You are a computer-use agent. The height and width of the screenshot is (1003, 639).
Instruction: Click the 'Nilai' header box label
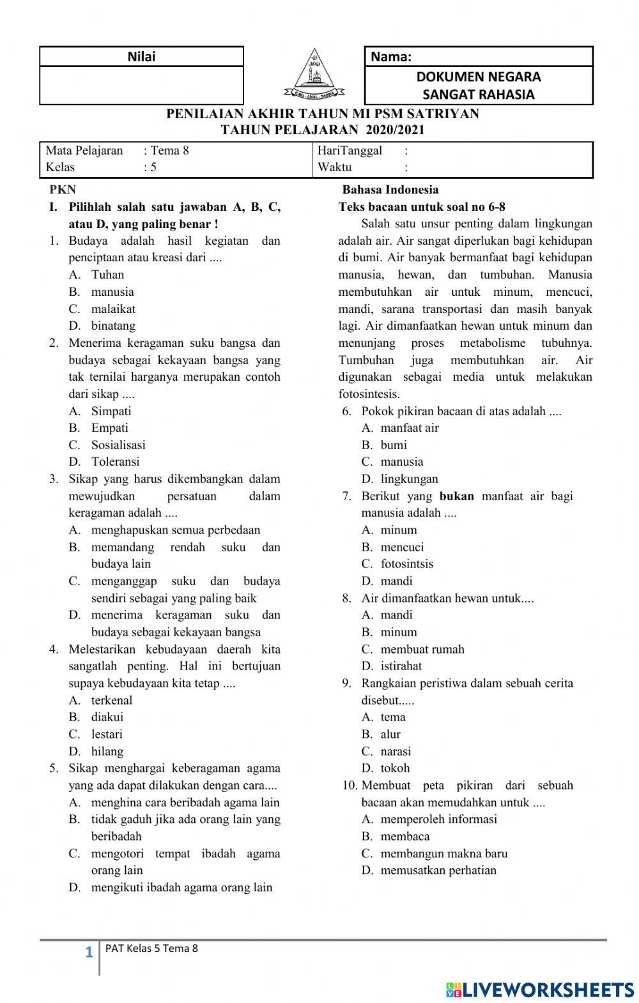click(141, 56)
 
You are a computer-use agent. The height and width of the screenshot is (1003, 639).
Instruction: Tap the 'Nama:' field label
click(390, 57)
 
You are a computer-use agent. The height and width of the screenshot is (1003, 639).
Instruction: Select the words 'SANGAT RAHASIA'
click(479, 95)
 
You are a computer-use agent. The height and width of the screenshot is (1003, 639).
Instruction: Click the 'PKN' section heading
click(62, 190)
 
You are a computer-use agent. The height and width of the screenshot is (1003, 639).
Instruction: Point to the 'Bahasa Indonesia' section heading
click(390, 190)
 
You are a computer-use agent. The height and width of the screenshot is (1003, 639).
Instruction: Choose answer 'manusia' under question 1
click(112, 292)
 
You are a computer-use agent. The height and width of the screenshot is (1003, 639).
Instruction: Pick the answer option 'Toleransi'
click(115, 462)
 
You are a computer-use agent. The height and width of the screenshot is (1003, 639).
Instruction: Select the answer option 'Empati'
click(109, 428)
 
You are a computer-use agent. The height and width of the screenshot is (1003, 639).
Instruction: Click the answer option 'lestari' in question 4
click(107, 735)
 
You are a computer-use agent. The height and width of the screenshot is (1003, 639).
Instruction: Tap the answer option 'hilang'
click(107, 752)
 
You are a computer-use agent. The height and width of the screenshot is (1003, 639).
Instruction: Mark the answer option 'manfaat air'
click(410, 428)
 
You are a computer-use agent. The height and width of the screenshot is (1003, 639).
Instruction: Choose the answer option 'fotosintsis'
click(407, 564)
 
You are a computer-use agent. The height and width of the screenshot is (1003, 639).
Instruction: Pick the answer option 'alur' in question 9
click(390, 735)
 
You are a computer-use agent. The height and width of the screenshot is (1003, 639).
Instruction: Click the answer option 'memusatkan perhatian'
click(438, 871)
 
